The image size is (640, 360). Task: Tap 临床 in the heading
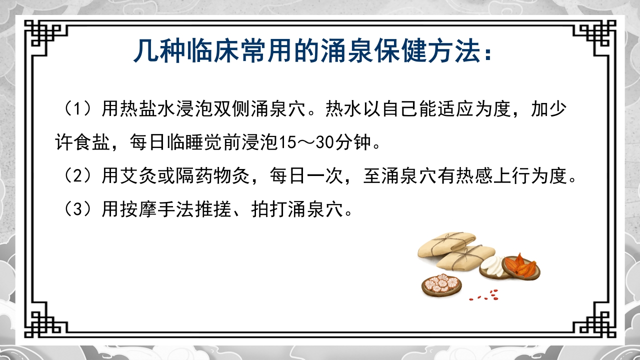(216, 51)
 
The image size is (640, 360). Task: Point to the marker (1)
(76, 109)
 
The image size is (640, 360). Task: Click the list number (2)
(76, 176)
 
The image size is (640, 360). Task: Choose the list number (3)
(76, 209)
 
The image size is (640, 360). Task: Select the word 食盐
(92, 143)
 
